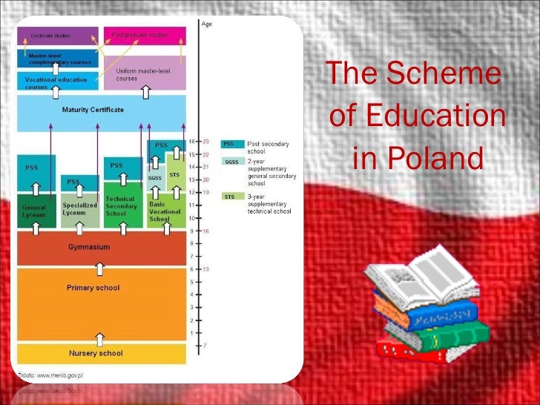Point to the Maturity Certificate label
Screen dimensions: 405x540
[93, 110]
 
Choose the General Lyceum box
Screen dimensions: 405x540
[34, 210]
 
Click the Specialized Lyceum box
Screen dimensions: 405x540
[79, 208]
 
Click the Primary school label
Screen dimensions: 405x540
[93, 288]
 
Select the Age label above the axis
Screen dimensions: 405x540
[207, 24]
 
